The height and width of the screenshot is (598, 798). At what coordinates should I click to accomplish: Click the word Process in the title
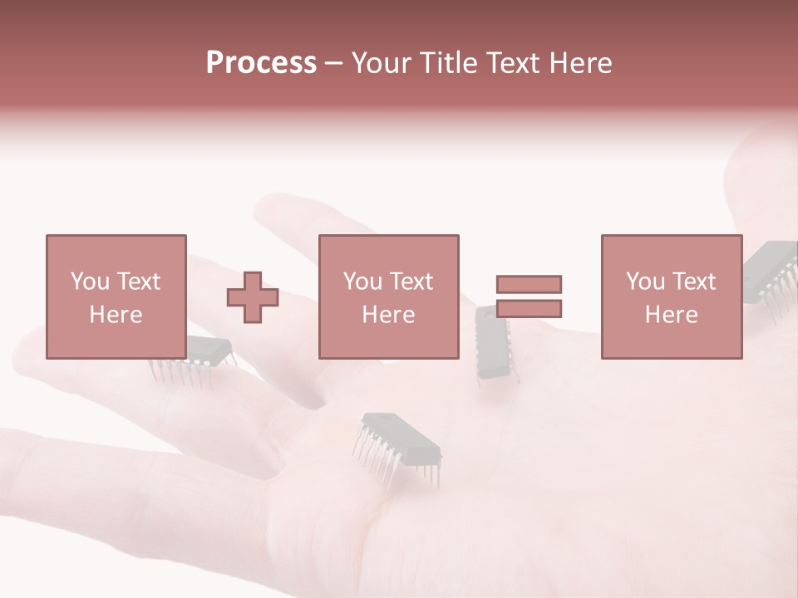[261, 63]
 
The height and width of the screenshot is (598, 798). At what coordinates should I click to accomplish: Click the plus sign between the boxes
[253, 297]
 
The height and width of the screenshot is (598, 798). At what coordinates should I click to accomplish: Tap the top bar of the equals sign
[529, 284]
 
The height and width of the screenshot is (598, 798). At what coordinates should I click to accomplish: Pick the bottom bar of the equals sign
[529, 309]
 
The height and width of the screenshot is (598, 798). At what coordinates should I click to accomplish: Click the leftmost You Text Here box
[116, 297]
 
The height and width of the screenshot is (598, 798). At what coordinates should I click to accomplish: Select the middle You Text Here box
[388, 297]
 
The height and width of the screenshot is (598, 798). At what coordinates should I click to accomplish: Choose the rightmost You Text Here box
[671, 297]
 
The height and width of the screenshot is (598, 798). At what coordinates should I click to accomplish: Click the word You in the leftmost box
[89, 282]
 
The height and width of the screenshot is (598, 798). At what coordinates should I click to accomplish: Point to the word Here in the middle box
[388, 315]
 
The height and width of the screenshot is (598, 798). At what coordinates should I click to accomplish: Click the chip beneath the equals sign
[495, 345]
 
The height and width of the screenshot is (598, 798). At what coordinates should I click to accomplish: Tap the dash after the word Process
[333, 63]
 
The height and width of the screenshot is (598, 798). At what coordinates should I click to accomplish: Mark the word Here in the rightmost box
[671, 315]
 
